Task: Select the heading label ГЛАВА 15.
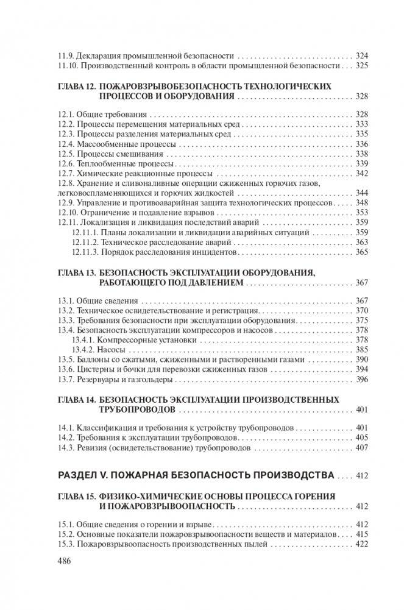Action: pyautogui.click(x=74, y=495)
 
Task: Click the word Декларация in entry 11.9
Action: pyautogui.click(x=99, y=54)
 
